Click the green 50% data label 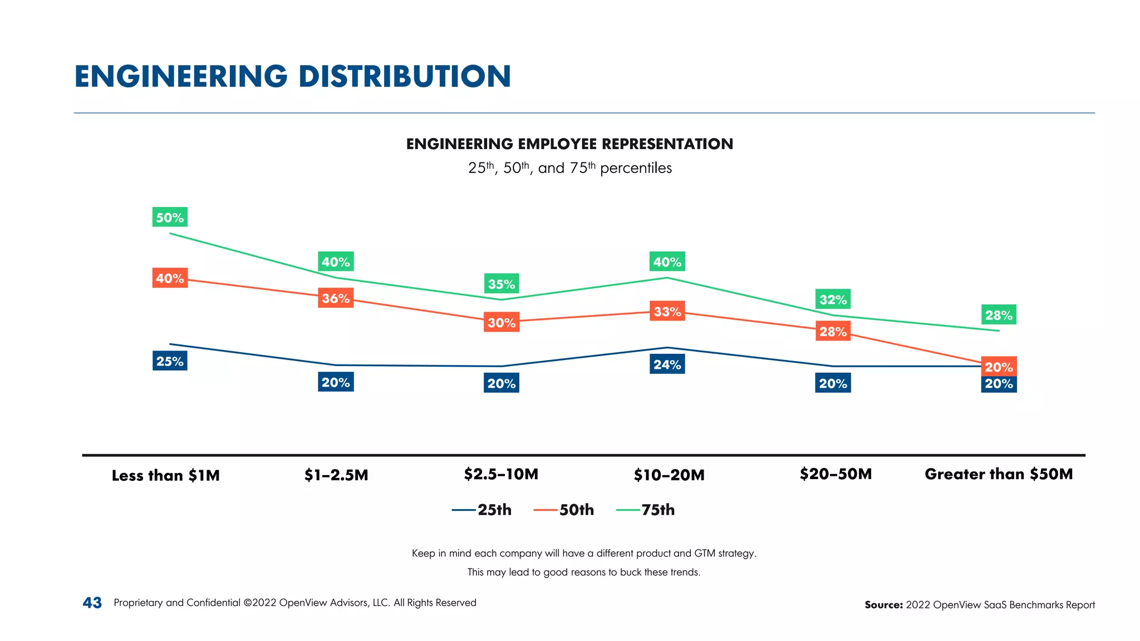point(170,217)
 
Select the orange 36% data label point(336,298)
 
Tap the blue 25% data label point(170,361)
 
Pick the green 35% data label point(502,284)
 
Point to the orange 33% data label point(667,311)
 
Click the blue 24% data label point(667,364)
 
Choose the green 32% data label point(833,299)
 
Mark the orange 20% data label point(999,366)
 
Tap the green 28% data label point(999,315)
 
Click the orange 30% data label point(502,322)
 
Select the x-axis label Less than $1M point(165,475)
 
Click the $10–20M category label point(669,475)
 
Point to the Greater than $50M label point(999,474)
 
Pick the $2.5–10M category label point(501,474)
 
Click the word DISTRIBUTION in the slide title point(404,76)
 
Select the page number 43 point(92,603)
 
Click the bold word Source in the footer point(883,605)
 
